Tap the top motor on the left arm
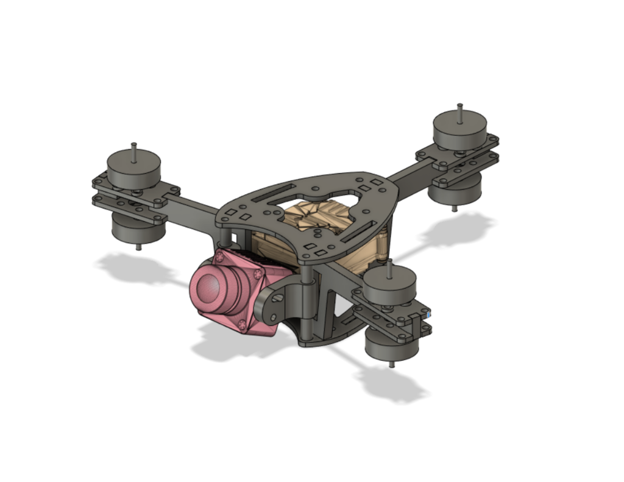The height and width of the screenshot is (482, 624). coord(133,166)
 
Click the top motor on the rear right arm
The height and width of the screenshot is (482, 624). coord(459,129)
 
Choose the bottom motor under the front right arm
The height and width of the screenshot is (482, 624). coord(390,345)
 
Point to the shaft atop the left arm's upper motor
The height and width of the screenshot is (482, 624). coord(134,149)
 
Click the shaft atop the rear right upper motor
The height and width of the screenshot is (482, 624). coord(460,110)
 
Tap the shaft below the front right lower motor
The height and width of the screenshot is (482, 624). coord(391,364)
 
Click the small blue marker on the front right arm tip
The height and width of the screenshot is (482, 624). coord(430,314)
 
